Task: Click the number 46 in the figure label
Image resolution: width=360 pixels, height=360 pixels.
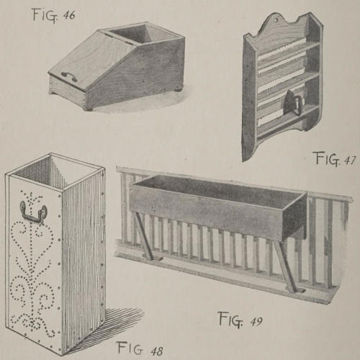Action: (69, 16)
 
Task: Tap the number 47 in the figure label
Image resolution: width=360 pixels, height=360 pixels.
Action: (349, 161)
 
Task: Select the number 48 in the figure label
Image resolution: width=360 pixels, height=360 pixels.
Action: (157, 351)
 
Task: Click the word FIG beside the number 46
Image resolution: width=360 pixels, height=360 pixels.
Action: (45, 15)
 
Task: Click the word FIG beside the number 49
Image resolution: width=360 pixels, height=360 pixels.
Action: (230, 320)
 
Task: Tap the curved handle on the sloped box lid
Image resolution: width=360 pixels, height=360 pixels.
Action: (68, 76)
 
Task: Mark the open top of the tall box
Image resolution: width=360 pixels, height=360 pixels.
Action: (54, 171)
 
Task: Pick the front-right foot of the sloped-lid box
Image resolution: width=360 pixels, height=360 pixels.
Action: (89, 109)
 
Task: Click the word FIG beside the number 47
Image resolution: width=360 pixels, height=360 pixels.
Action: (328, 158)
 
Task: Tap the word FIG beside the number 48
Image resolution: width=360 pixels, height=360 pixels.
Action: (130, 348)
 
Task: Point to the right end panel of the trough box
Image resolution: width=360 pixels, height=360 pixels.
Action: (294, 217)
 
